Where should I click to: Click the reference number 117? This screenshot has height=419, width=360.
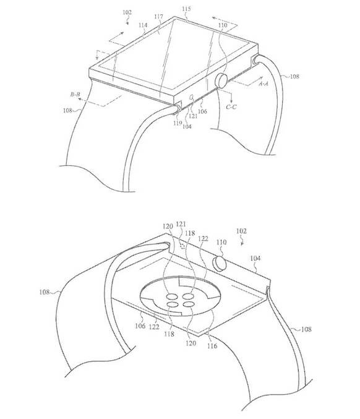click(x=158, y=17)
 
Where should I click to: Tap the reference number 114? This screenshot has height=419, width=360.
click(x=143, y=25)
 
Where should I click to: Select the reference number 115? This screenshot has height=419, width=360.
click(x=186, y=9)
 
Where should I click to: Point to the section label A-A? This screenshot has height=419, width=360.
click(x=264, y=84)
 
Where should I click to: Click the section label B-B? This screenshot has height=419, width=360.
click(x=75, y=94)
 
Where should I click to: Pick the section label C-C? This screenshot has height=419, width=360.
click(x=231, y=107)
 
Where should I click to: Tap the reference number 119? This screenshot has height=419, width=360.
click(x=178, y=123)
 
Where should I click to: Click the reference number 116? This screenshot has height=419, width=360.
click(x=212, y=346)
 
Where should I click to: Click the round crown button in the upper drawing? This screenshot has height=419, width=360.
click(x=221, y=80)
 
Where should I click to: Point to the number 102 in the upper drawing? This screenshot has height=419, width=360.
click(x=127, y=12)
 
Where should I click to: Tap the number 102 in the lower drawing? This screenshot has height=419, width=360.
click(x=241, y=231)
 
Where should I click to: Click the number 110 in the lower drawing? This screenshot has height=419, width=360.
click(x=221, y=242)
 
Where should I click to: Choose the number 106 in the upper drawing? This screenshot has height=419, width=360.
click(x=202, y=111)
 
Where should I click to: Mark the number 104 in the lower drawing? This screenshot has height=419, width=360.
click(x=255, y=258)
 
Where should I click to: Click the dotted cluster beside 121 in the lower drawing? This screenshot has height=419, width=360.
click(x=182, y=246)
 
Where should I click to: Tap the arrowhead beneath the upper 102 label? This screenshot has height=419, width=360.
click(x=127, y=24)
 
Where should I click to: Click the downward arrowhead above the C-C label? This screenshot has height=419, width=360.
click(x=231, y=99)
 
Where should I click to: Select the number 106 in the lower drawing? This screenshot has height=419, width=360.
click(x=140, y=326)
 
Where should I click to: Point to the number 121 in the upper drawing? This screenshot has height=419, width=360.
click(x=193, y=116)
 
